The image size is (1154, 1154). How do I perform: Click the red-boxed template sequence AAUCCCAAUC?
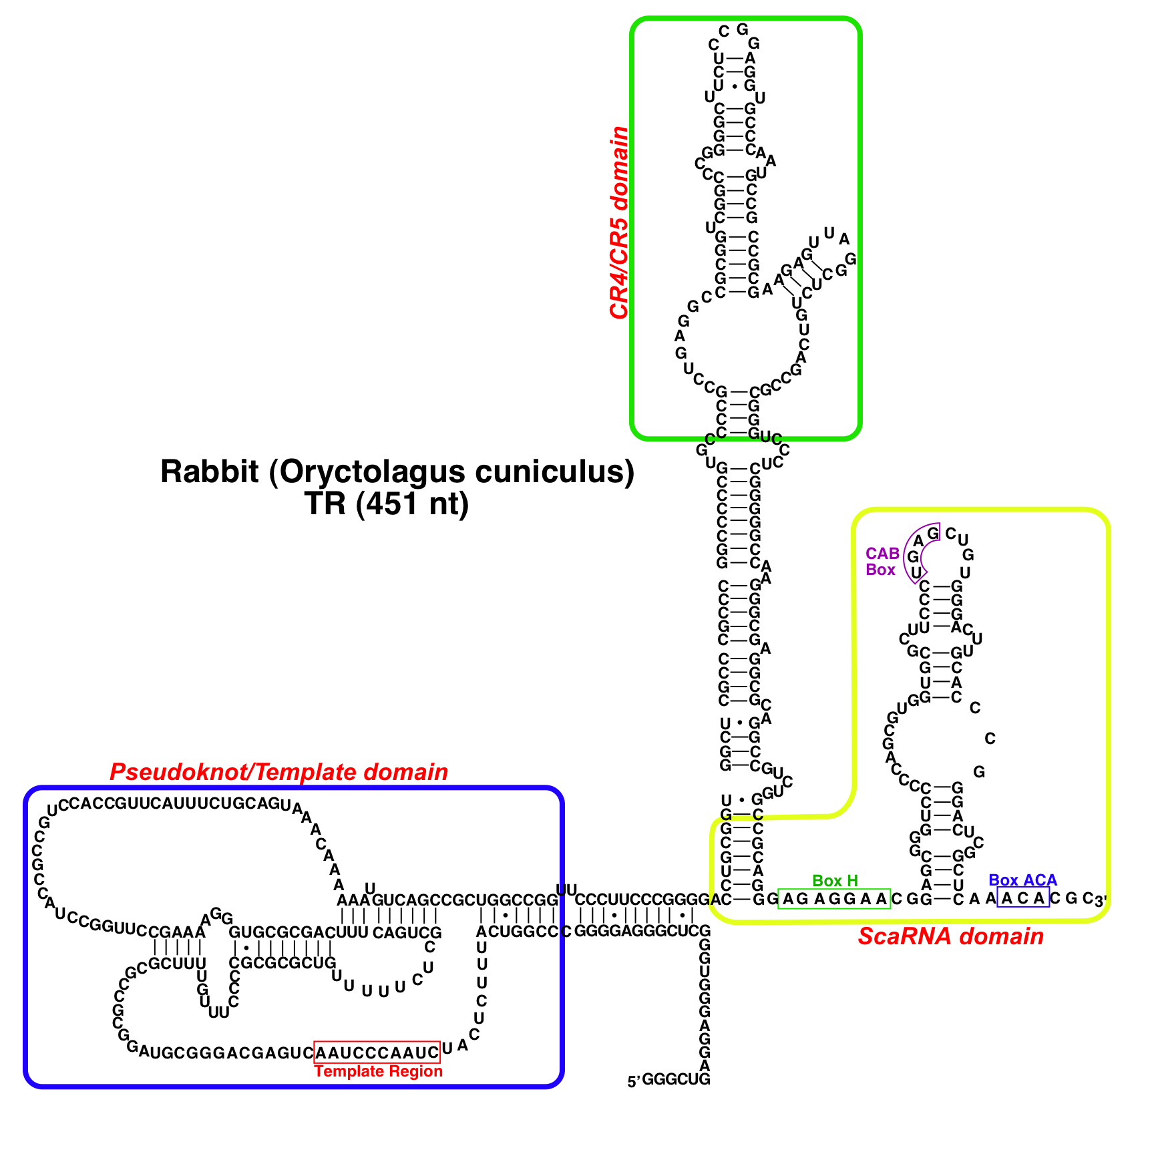[x=377, y=1052]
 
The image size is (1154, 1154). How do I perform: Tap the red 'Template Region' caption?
[x=378, y=1071]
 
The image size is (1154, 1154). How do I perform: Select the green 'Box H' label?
[x=835, y=881]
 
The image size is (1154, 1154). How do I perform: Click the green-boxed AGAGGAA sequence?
[x=835, y=899]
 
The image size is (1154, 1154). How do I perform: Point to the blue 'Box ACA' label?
[x=1022, y=880]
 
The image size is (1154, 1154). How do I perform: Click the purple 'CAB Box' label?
[x=882, y=562]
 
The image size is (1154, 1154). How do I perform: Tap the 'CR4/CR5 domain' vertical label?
[x=619, y=222]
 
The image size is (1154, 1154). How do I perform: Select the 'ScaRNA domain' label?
[x=950, y=936]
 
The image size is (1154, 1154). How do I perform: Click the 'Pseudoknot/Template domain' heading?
[x=278, y=772]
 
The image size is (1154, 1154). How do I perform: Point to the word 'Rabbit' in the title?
[x=209, y=471]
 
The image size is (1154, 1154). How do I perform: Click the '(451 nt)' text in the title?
[x=412, y=504]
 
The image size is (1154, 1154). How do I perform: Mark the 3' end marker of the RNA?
[x=1100, y=900]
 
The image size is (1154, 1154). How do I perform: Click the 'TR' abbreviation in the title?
[x=325, y=504]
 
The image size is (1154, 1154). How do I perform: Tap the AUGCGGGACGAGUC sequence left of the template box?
[x=226, y=1053]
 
